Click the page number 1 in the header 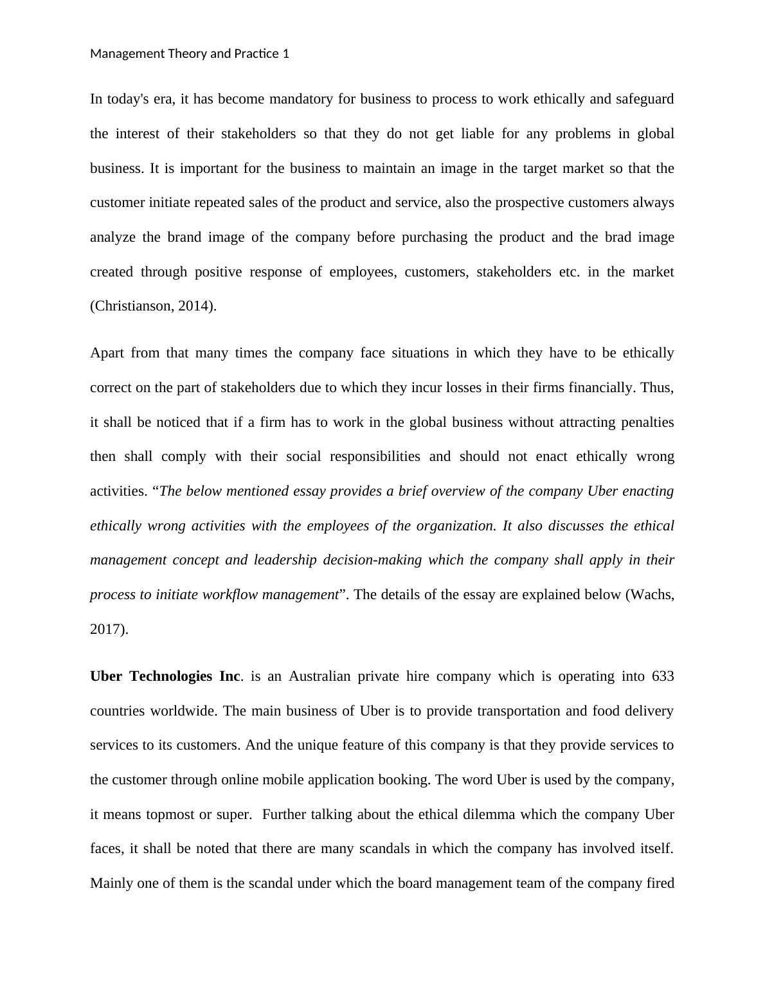click(x=285, y=54)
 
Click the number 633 click(x=662, y=676)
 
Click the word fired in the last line click(x=660, y=883)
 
